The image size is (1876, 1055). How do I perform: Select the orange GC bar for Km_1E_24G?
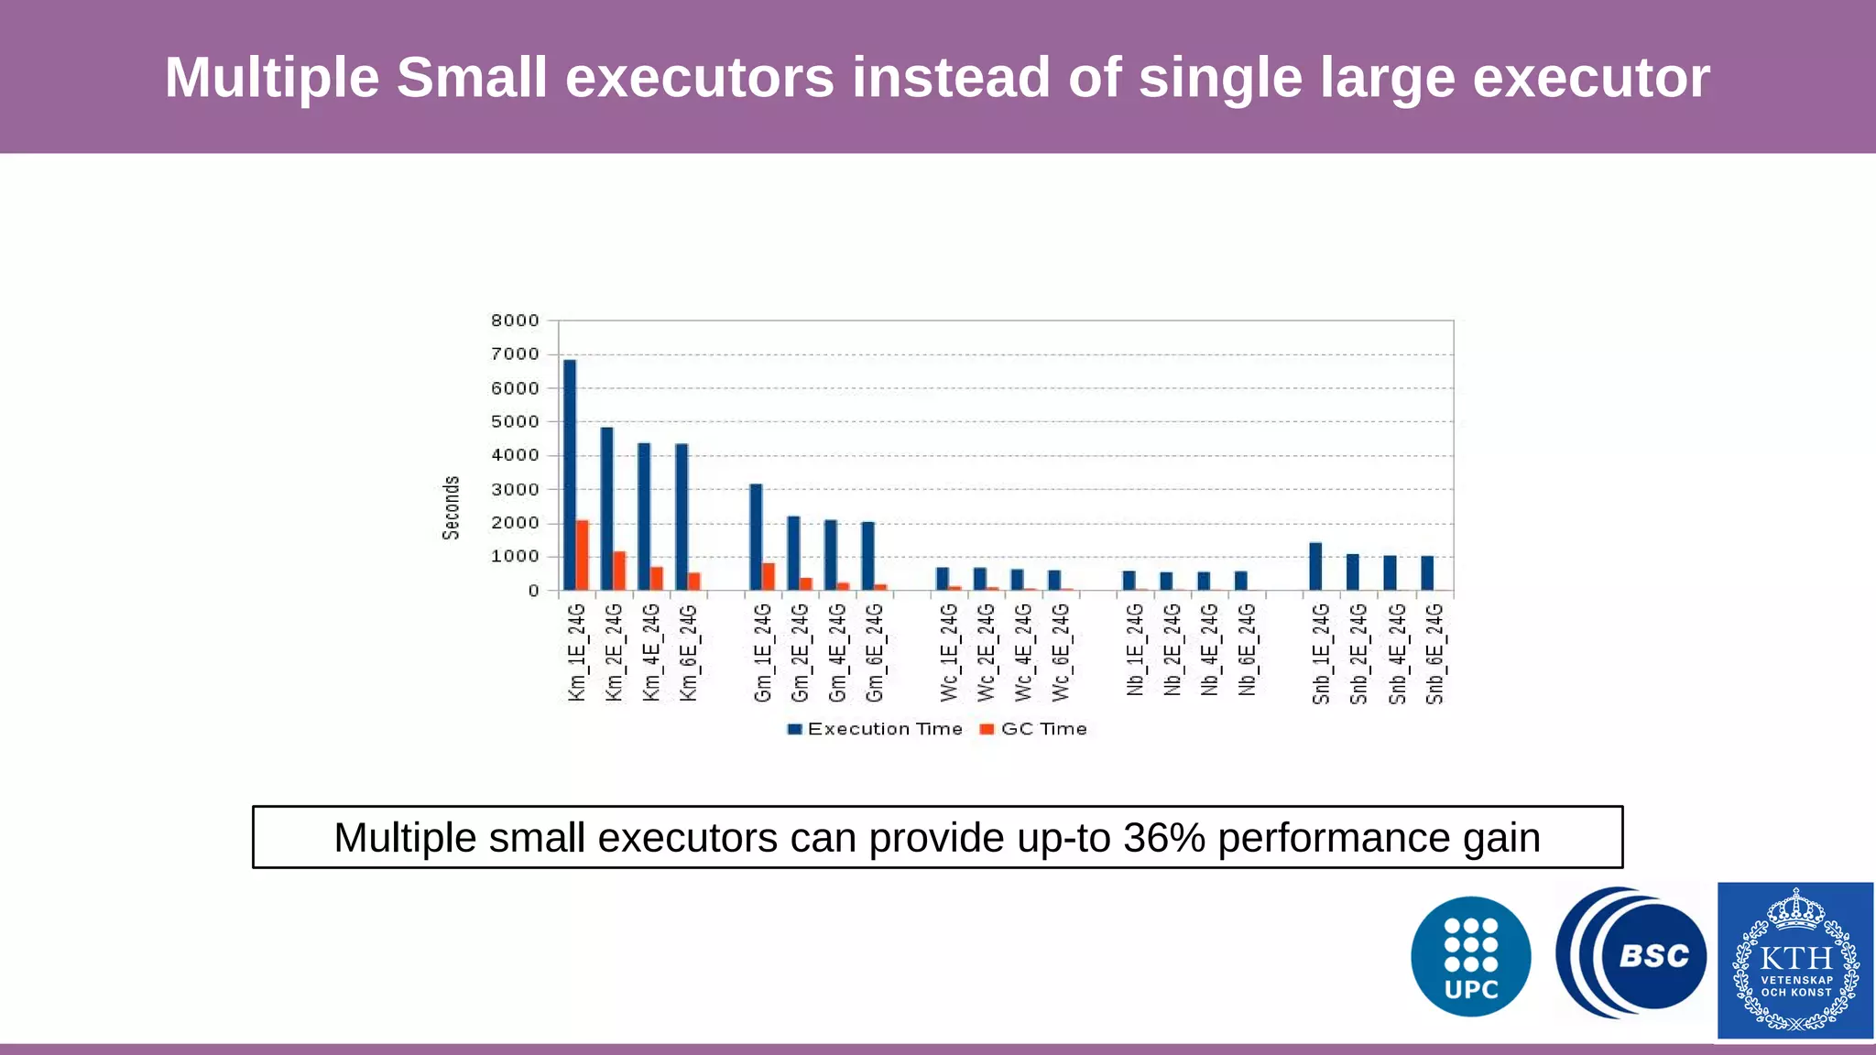tap(583, 555)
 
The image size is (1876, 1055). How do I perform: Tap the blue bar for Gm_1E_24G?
tap(756, 537)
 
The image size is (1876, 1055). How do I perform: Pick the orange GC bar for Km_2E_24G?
tap(620, 571)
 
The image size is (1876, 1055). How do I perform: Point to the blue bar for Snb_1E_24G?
tap(1315, 566)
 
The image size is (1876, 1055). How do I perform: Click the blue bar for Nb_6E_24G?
tap(1240, 581)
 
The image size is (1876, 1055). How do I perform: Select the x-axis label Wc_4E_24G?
tap(1023, 652)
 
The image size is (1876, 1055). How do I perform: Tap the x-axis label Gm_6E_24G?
tap(875, 652)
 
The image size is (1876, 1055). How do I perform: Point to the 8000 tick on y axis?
tap(515, 321)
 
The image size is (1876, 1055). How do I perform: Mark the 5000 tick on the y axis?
tap(515, 422)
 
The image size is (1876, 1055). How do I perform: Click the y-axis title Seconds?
tap(451, 507)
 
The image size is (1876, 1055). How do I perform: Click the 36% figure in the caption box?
tap(1163, 837)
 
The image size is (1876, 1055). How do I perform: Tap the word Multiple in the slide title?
tap(271, 77)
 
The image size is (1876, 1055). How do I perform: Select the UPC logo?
tap(1470, 956)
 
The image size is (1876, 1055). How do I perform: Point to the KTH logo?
tap(1795, 960)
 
